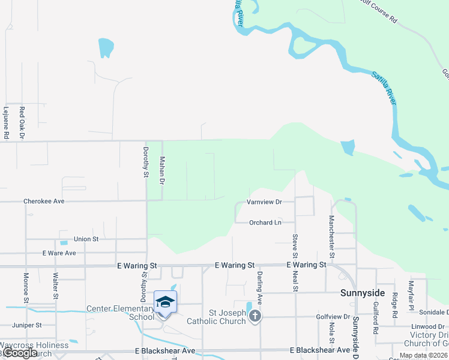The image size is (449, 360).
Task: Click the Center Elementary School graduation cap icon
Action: pos(165,301)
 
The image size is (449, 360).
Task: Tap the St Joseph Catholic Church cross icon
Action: pos(255,316)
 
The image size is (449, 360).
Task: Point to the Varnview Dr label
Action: pos(264,202)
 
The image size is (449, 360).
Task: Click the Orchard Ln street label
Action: pos(265,223)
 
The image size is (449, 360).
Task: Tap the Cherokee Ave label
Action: pos(44,201)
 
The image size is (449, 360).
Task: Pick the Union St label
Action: pos(86,239)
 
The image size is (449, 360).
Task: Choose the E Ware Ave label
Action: pos(59,253)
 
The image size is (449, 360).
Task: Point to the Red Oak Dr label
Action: pos(22,123)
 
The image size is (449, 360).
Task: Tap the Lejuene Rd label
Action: pos(5,123)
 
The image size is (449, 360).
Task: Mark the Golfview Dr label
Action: pos(333,316)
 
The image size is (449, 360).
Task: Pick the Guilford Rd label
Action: pos(375,319)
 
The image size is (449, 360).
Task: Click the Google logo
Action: pos(20,353)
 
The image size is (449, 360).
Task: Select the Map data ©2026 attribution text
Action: pos(423,355)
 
